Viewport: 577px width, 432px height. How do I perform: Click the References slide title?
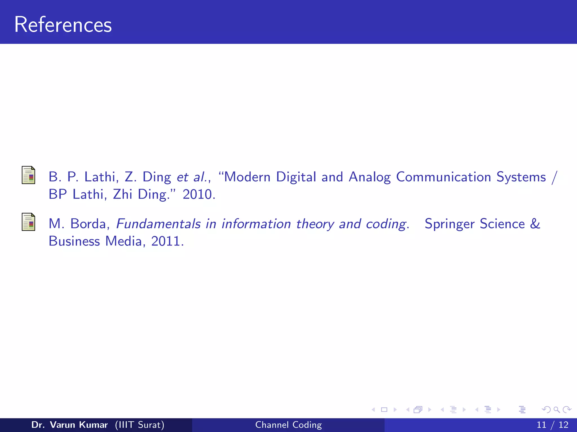[63, 25]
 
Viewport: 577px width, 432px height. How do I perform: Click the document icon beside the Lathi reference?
[28, 175]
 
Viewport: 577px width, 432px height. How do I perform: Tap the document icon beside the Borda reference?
[28, 222]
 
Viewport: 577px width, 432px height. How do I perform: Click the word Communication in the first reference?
[443, 177]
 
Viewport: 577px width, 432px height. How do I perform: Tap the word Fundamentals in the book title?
[158, 224]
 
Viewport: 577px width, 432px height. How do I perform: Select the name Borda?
[88, 224]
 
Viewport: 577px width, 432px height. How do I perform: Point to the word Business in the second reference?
[74, 241]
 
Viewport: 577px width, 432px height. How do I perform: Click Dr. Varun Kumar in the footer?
[69, 425]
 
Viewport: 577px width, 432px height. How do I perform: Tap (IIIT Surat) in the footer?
[139, 425]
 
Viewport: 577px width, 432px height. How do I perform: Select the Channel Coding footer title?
[288, 425]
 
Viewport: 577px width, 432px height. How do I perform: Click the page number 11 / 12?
[552, 425]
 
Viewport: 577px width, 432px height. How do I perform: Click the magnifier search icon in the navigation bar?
[556, 409]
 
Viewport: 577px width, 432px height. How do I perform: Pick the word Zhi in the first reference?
[123, 194]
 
